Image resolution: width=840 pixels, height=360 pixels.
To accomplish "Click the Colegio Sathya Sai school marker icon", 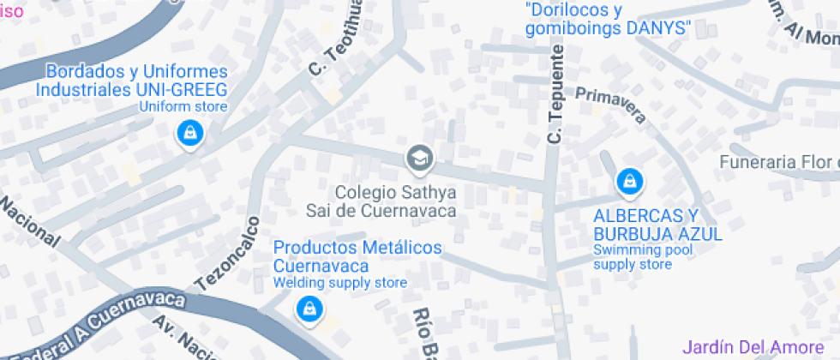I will pyautogui.click(x=420, y=157).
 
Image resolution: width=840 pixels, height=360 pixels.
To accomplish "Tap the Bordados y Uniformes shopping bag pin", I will pyautogui.click(x=189, y=134).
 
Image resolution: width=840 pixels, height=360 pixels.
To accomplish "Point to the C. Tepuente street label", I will pyautogui.click(x=555, y=94).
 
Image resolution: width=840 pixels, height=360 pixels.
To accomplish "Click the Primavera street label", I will pyautogui.click(x=610, y=104).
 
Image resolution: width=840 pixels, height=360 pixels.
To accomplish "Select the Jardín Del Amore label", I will pyautogui.click(x=751, y=347).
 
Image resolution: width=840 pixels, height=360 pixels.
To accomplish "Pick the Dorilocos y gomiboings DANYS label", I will pyautogui.click(x=609, y=19).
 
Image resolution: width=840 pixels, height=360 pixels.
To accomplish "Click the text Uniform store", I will pyautogui.click(x=183, y=107).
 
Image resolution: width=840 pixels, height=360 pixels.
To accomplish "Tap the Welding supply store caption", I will pyautogui.click(x=340, y=282).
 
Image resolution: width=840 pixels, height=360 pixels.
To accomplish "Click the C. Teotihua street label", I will pyautogui.click(x=328, y=43).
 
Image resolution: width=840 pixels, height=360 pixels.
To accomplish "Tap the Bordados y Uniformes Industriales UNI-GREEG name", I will pyautogui.click(x=131, y=81).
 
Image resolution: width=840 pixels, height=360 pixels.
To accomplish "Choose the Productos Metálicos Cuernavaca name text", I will pyautogui.click(x=357, y=256).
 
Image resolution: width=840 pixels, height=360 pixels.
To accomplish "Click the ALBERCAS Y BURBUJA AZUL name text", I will pyautogui.click(x=657, y=224).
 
